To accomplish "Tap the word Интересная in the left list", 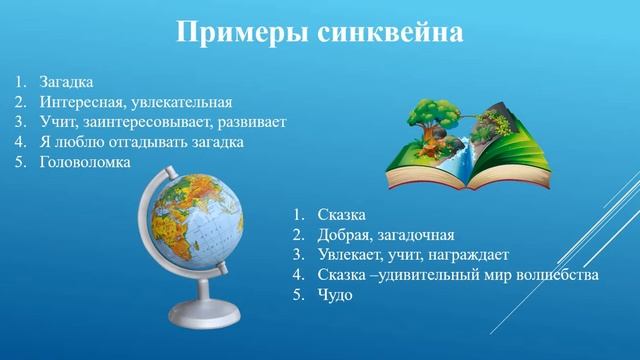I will (x=84, y=102).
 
